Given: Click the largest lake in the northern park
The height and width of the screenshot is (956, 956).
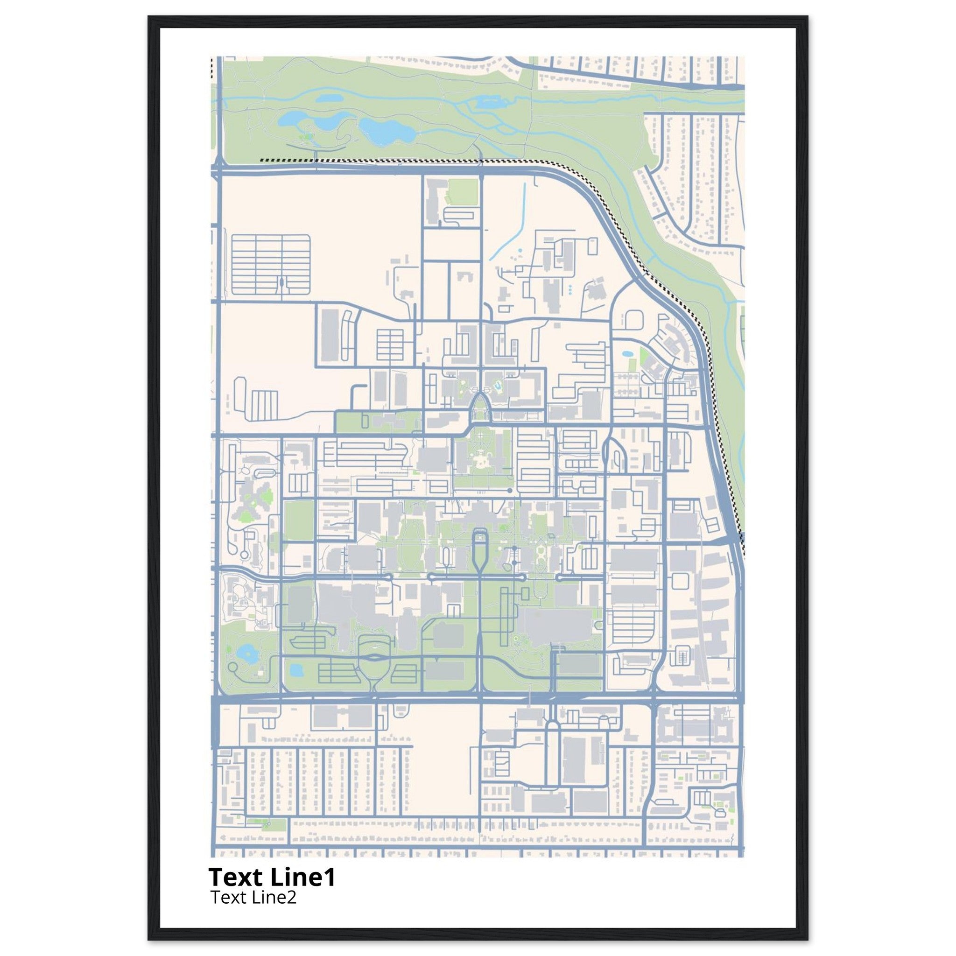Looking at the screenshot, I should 386,130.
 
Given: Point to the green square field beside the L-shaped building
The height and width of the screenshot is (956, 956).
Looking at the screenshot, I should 462,192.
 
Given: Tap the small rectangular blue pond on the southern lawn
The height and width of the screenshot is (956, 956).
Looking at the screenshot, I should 296,670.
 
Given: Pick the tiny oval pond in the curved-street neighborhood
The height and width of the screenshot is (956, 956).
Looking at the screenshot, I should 627,354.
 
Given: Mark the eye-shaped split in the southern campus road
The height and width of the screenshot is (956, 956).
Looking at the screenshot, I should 373,658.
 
